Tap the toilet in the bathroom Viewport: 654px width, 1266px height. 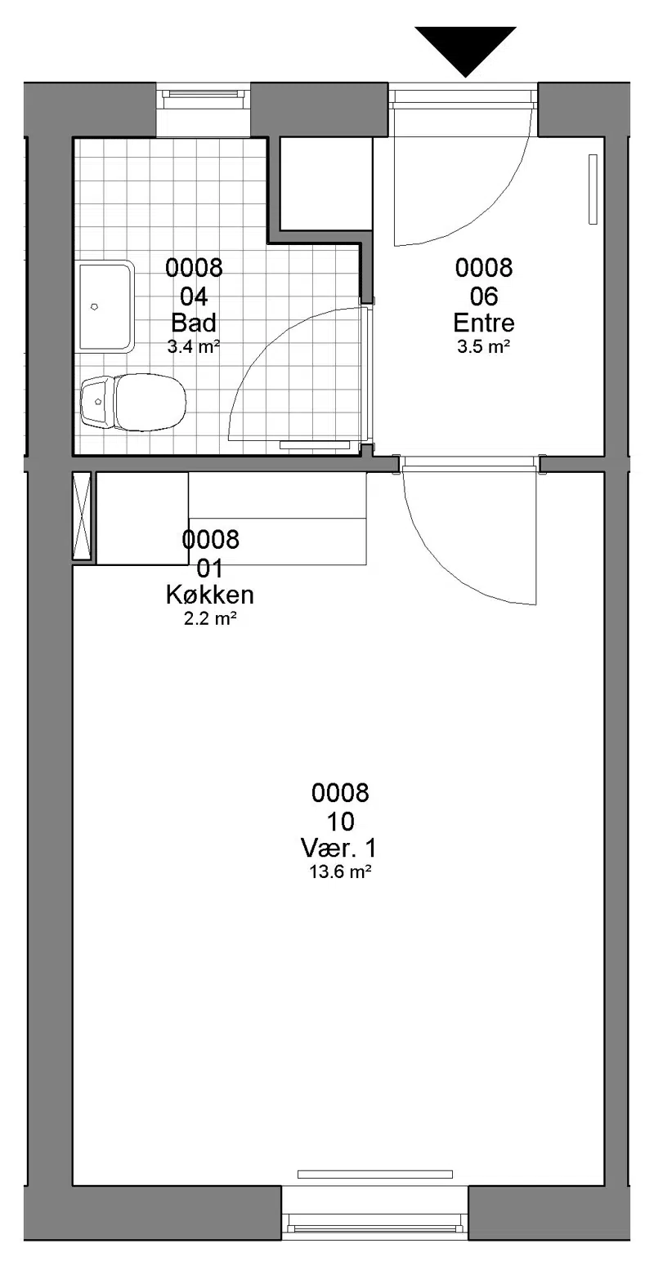tap(133, 402)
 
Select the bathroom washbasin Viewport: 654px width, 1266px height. tap(105, 307)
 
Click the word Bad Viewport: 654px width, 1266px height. tap(194, 323)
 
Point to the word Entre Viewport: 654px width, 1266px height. tap(484, 323)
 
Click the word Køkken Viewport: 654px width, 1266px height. tap(210, 595)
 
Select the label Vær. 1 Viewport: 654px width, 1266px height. tap(339, 849)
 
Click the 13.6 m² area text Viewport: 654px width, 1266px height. tap(340, 871)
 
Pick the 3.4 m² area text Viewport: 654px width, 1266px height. tap(194, 346)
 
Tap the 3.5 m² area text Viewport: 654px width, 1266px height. tap(484, 346)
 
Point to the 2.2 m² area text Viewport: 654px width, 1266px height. tap(210, 619)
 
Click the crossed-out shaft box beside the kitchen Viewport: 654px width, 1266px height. tap(82, 516)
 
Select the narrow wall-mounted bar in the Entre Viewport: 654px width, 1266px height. tap(593, 189)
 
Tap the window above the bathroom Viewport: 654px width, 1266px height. tap(203, 100)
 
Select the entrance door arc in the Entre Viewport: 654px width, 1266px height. tap(492, 209)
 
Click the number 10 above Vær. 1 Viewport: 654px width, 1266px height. tap(341, 821)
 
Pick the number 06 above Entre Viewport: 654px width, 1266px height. tap(484, 296)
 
